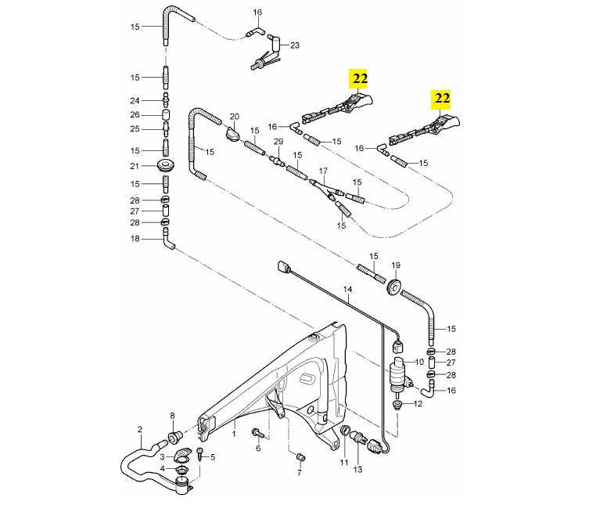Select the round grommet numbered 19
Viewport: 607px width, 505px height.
pos(395,284)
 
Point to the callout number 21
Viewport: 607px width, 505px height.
pos(135,166)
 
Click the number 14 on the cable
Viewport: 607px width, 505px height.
pos(347,290)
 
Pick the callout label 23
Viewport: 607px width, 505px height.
pos(294,45)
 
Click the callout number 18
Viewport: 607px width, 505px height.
pos(135,239)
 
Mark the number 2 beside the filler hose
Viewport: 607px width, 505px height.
pos(140,429)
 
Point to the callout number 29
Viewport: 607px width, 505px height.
pos(278,142)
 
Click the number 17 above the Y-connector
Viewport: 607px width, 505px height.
pos(322,170)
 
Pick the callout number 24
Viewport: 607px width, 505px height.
pos(135,101)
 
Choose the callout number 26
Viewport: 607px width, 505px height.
pos(135,114)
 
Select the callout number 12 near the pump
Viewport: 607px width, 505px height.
pos(418,403)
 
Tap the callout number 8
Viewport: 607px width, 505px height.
pos(172,415)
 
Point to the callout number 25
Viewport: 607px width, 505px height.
pos(135,128)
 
